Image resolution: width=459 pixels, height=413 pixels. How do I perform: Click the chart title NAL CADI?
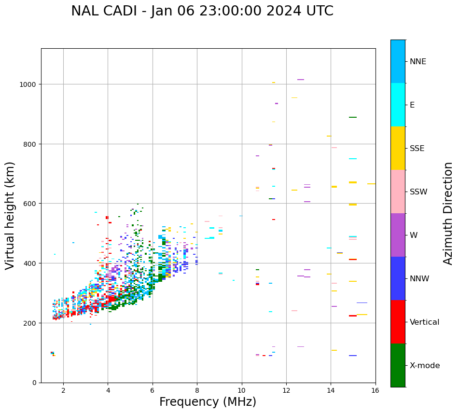pos(202,11)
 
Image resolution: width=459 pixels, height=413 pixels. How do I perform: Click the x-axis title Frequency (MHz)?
pos(208,402)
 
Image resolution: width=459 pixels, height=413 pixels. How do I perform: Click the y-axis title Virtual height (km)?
pos(11,215)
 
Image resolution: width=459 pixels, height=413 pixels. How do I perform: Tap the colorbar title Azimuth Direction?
pos(448,213)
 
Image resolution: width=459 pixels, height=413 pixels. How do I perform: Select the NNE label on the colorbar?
pos(418,62)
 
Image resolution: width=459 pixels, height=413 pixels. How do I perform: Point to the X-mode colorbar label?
pos(425,366)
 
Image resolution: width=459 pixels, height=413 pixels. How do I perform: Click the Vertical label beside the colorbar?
pos(425,322)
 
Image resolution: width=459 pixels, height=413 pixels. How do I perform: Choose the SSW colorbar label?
pos(418,192)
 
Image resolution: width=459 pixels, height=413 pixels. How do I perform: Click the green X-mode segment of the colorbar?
pos(398,365)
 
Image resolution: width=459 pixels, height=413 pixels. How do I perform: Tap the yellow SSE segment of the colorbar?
pos(398,148)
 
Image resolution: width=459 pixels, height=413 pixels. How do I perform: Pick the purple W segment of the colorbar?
pos(398,235)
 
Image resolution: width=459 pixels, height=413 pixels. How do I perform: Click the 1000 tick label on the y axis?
pos(29,84)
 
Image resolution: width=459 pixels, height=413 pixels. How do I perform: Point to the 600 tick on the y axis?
pos(31,204)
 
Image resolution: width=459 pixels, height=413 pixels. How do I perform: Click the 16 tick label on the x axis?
pos(375,391)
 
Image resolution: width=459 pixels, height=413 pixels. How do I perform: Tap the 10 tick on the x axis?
pos(241,391)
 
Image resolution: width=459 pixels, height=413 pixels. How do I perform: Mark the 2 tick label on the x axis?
pos(63,391)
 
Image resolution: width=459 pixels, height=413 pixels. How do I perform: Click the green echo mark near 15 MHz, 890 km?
pos(353,117)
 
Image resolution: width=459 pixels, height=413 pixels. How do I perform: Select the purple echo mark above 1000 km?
pos(301,80)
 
